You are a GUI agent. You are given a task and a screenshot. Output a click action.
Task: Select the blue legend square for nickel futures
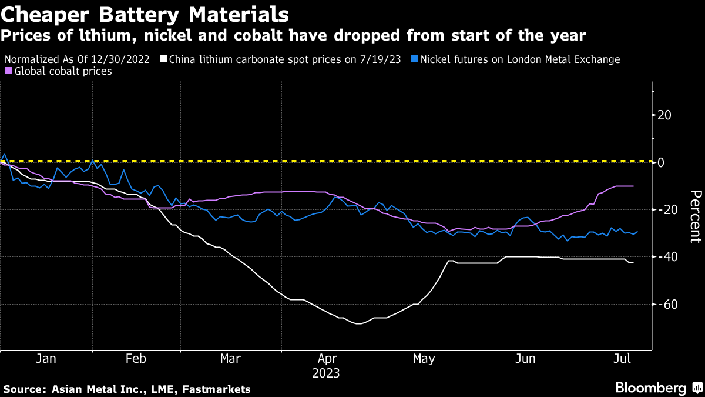(x=415, y=59)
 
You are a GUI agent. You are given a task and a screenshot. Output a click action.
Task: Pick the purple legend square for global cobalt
(x=8, y=71)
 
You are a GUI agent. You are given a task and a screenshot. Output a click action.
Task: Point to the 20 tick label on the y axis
(x=665, y=115)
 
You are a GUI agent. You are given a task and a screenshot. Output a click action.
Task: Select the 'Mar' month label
(x=230, y=359)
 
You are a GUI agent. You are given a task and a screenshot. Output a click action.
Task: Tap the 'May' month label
(x=424, y=359)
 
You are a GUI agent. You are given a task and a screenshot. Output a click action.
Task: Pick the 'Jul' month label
(x=622, y=359)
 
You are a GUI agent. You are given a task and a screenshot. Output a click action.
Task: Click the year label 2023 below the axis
(x=326, y=373)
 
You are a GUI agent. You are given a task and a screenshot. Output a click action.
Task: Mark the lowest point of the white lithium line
(x=358, y=323)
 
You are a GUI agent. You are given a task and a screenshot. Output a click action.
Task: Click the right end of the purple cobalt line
(x=633, y=186)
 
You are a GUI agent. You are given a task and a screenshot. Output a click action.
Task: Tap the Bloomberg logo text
(x=650, y=388)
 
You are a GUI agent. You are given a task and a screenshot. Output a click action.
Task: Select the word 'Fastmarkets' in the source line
(x=221, y=389)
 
